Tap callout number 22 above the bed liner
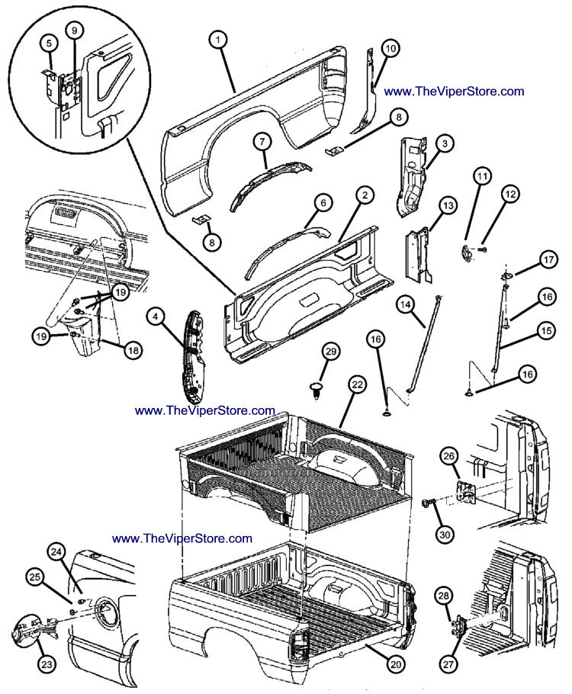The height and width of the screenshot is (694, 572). point(357,387)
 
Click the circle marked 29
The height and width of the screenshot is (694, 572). point(330,352)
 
